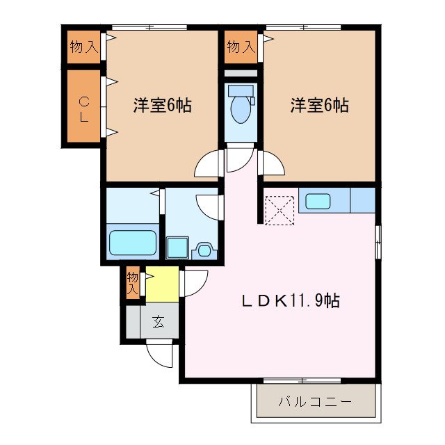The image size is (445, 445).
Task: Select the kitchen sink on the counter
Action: click(318, 202)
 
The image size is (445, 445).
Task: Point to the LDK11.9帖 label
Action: click(290, 301)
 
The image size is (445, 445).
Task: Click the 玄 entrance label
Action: click(159, 322)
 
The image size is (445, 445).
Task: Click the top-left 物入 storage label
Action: click(83, 47)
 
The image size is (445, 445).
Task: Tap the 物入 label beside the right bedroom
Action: click(240, 47)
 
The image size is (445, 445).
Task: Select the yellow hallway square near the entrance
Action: click(161, 284)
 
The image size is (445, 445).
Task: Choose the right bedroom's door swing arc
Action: click(272, 163)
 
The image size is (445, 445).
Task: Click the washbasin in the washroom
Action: click(204, 248)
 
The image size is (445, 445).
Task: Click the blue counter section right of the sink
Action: click(362, 201)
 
